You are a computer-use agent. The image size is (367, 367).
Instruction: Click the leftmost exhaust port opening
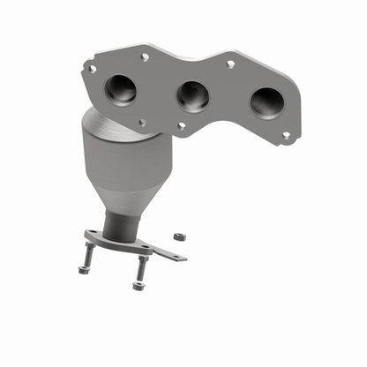pyautogui.click(x=120, y=88)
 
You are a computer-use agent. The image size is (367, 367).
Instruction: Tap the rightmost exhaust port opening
pyautogui.click(x=266, y=102)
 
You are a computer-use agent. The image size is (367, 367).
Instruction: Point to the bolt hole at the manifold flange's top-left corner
pyautogui.click(x=92, y=67)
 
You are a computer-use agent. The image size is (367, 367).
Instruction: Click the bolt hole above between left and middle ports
pyautogui.click(x=146, y=57)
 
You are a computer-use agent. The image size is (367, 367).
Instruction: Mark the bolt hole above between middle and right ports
pyautogui.click(x=230, y=64)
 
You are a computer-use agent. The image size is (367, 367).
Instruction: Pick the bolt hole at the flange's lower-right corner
pyautogui.click(x=285, y=136)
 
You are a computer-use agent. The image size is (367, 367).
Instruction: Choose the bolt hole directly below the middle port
pyautogui.click(x=181, y=125)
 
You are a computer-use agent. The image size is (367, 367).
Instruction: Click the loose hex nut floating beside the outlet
pyautogui.click(x=178, y=237)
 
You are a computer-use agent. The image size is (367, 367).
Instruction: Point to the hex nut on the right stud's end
pyautogui.click(x=138, y=286)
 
